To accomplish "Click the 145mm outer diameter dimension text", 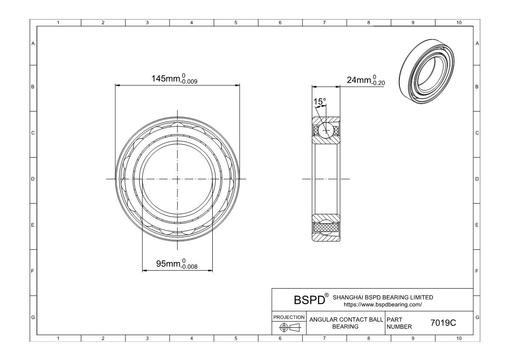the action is point(174,79).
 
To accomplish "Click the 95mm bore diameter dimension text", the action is point(177,264).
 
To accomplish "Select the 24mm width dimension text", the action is point(366,80).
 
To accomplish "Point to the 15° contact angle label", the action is point(319,102).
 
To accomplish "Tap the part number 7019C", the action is point(443,323).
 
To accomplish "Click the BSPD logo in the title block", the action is point(309,300).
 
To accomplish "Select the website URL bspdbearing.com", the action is point(383,305).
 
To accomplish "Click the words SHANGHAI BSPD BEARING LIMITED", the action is point(383,297).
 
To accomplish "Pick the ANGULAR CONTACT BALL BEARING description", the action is point(346,323).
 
